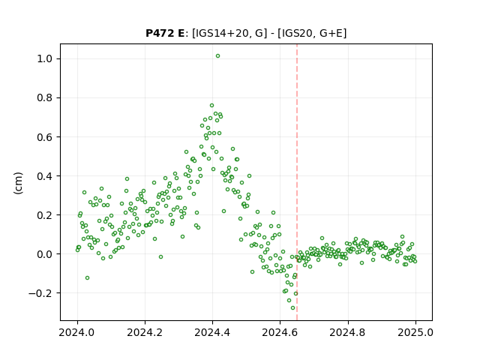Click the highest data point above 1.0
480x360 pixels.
217,56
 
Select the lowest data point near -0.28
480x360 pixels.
293,308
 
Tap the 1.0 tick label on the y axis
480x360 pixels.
46,58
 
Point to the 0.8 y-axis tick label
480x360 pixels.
46,98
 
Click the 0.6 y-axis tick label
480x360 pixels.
46,136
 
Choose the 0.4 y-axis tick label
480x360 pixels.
46,176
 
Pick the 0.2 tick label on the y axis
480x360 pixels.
46,215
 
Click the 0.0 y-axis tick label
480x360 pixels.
46,254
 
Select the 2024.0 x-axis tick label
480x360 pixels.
77,332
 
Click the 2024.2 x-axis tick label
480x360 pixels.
145,332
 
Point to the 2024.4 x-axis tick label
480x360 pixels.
212,332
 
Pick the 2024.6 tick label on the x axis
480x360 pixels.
280,332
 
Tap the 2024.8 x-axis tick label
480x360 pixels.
348,332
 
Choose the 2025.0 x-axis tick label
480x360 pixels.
415,332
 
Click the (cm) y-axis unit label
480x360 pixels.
18,183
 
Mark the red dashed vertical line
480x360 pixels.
297,182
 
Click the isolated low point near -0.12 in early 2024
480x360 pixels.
87,278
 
